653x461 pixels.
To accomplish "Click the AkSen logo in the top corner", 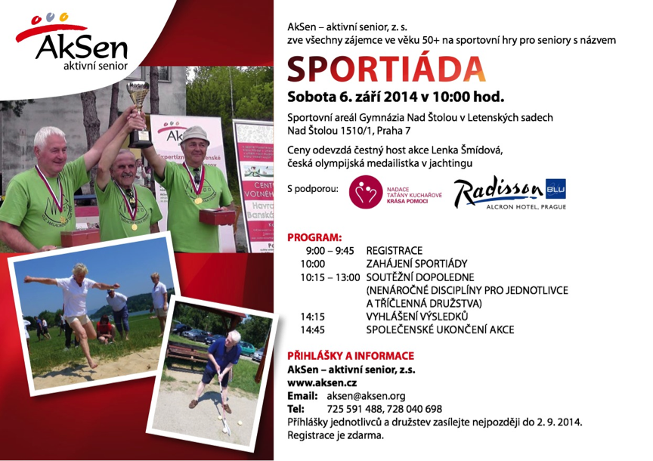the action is point(72,42).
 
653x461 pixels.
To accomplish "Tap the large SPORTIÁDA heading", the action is point(386,69).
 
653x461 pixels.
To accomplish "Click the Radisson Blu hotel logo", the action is point(509,192).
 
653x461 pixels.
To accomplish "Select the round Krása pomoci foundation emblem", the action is point(366,192).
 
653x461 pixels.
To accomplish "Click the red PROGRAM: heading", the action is point(314,238).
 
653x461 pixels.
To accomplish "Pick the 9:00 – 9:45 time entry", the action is point(330,251).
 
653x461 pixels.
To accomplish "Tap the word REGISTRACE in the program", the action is point(395,251).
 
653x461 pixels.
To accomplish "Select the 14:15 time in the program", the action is point(313,317).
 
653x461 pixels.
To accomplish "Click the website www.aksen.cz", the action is point(322,383).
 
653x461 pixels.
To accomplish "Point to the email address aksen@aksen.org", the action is point(366,396).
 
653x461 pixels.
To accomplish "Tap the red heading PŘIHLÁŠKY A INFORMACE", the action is point(351,356).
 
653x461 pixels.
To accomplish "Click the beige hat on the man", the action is point(194,135).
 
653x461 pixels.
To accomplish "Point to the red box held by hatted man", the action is point(217,217).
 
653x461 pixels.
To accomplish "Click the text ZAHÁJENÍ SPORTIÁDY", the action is point(417,264).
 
